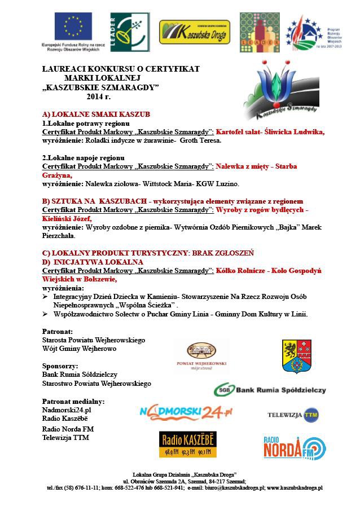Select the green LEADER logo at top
(x=130, y=32)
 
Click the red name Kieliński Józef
(x=67, y=218)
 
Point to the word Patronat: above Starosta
(x=58, y=331)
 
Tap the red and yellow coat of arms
(x=297, y=356)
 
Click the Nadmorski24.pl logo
(x=186, y=412)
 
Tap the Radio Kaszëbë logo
(x=187, y=444)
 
